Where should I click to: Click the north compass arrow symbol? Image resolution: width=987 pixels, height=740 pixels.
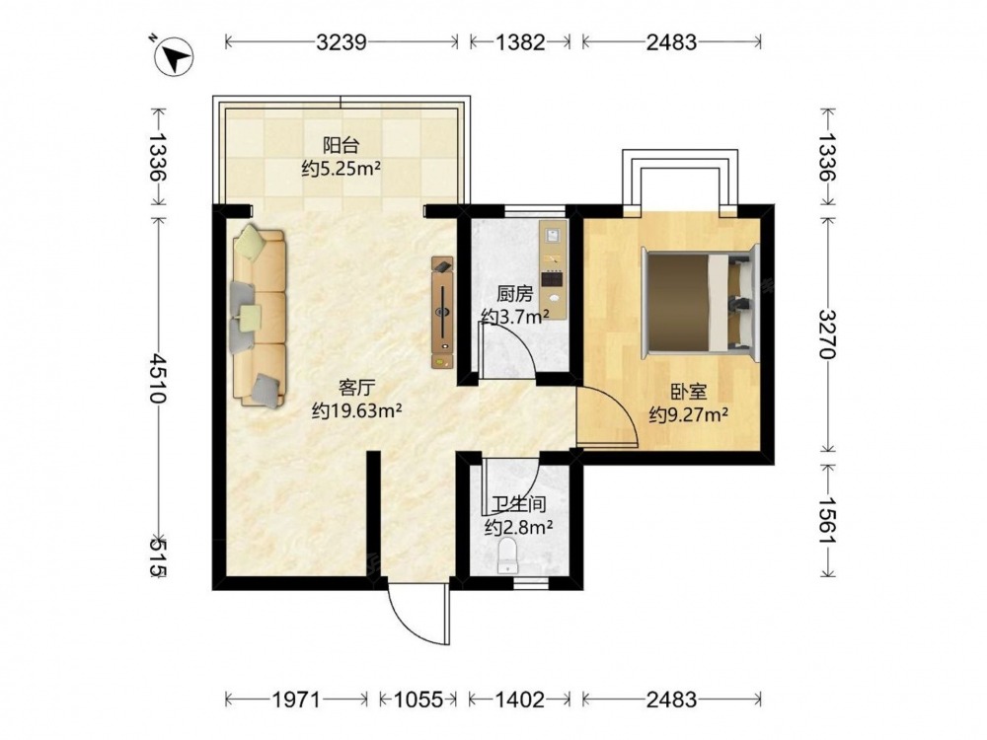(x=173, y=57)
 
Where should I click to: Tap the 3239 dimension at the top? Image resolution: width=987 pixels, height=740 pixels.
(x=342, y=42)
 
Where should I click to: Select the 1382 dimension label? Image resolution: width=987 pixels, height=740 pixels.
(x=520, y=42)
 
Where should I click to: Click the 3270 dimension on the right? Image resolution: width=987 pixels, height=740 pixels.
(x=828, y=333)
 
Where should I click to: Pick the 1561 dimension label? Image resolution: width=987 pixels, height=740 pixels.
(x=828, y=520)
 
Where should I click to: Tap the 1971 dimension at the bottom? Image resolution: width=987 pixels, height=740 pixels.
(x=296, y=700)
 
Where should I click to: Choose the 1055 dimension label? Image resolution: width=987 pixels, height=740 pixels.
(x=418, y=700)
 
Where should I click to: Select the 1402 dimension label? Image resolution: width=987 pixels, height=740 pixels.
(x=520, y=700)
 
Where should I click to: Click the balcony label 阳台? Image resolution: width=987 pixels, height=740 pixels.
(x=342, y=145)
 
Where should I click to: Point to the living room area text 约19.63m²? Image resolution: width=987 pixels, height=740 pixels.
(x=357, y=410)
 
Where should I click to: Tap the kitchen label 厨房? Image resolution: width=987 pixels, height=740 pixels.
(x=515, y=294)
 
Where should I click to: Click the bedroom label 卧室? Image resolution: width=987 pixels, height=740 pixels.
(x=689, y=393)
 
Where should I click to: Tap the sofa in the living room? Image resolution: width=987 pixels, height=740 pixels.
(x=259, y=317)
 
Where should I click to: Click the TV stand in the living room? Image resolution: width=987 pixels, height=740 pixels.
(x=442, y=312)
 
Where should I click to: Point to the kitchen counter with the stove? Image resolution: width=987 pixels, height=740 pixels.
(x=554, y=268)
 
